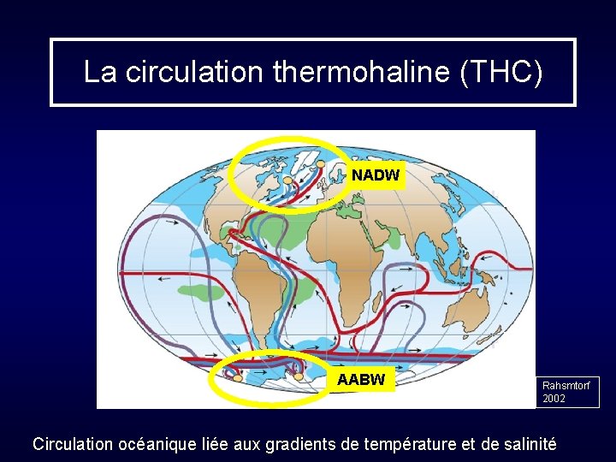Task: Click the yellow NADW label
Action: pos(375,175)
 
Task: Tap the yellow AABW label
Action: pos(361,379)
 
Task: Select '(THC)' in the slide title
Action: pos(500,73)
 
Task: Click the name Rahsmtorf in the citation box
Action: pos(566,386)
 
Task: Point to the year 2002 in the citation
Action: pos(554,399)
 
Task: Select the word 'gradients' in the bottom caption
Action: pos(298,444)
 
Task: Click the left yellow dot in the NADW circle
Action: pos(288,181)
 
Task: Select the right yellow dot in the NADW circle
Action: pos(321,163)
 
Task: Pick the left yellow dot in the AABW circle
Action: pos(237,377)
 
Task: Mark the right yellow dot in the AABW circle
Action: pos(299,376)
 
